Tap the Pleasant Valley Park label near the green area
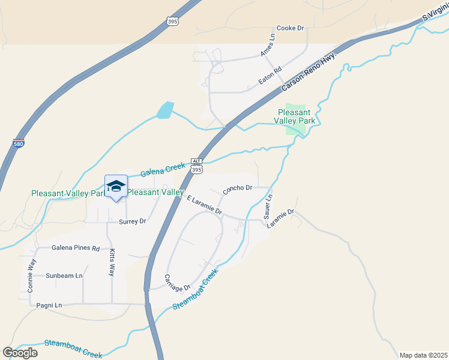pyautogui.click(x=294, y=116)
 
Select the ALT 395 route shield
pyautogui.click(x=196, y=167)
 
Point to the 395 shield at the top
pyautogui.click(x=172, y=22)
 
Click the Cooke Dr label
pyautogui.click(x=291, y=28)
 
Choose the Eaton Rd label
pyautogui.click(x=270, y=76)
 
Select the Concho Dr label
pyautogui.click(x=237, y=190)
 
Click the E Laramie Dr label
pyautogui.click(x=205, y=205)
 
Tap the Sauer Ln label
pyautogui.click(x=268, y=206)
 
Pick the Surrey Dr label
pyautogui.click(x=133, y=221)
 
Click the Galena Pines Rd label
pyautogui.click(x=76, y=247)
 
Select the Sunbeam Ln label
pyautogui.click(x=64, y=275)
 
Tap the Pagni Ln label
pyautogui.click(x=49, y=305)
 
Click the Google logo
pyautogui.click(x=20, y=352)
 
